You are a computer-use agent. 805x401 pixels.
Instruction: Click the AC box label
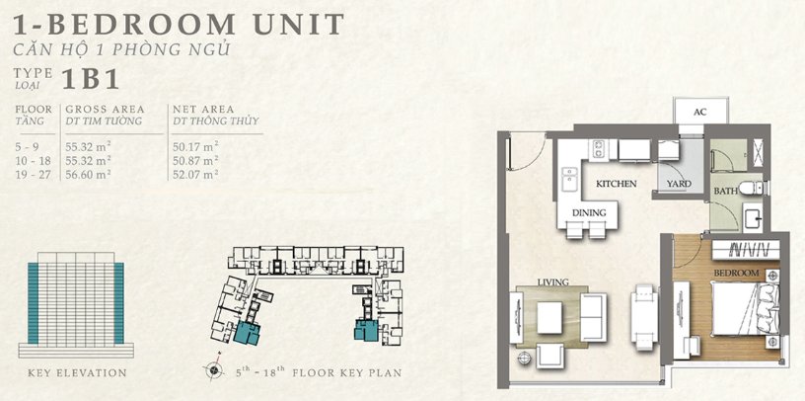[x=700, y=112]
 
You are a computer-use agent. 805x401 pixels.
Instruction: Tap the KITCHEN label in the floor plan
[x=616, y=184]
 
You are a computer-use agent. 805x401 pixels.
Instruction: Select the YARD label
[x=679, y=184]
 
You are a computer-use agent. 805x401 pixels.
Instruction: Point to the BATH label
[x=725, y=192]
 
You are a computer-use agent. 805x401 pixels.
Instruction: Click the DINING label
[x=589, y=212]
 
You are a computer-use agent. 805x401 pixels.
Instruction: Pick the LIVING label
[x=552, y=281]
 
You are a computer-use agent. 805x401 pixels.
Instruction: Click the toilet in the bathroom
[x=753, y=188]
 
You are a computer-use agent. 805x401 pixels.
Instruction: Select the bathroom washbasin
[x=753, y=217]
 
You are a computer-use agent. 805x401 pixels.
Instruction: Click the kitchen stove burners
[x=598, y=148]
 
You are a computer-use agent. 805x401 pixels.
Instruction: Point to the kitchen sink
[x=569, y=180]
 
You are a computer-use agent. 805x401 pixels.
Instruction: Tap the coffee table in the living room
[x=549, y=315]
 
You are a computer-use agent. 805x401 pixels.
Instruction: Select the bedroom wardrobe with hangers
[x=746, y=250]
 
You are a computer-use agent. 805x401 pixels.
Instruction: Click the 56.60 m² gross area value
[x=89, y=174]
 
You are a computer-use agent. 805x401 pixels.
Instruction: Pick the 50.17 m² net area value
[x=195, y=145]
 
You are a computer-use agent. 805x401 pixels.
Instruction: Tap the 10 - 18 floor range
[x=33, y=160]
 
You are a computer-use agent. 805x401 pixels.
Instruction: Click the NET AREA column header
[x=203, y=109]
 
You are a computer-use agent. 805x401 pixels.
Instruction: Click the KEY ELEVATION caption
[x=77, y=372]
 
